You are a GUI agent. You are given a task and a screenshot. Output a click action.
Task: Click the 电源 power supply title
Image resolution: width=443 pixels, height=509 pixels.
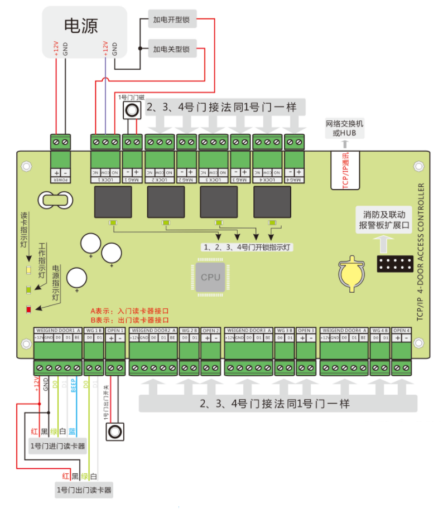point(81,26)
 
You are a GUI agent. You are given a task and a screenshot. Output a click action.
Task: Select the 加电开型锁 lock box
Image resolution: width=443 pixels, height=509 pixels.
point(171,21)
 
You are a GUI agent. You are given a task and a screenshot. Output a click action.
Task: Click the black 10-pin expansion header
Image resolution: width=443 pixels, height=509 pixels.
point(394,264)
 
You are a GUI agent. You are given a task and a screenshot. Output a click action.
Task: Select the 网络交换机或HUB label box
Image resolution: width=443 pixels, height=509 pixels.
point(345,128)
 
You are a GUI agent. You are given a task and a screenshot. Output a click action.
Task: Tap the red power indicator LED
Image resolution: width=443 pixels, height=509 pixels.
point(29,309)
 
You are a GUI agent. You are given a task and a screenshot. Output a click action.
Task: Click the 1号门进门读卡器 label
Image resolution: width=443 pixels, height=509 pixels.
point(58,446)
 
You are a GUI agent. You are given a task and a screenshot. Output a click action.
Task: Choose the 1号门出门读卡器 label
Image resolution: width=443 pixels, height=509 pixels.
point(84,491)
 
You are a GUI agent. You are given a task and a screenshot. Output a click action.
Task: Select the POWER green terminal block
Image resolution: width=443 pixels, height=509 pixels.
point(60,143)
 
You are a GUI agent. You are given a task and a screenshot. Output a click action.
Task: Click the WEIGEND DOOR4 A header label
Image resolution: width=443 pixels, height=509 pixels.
point(344,331)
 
